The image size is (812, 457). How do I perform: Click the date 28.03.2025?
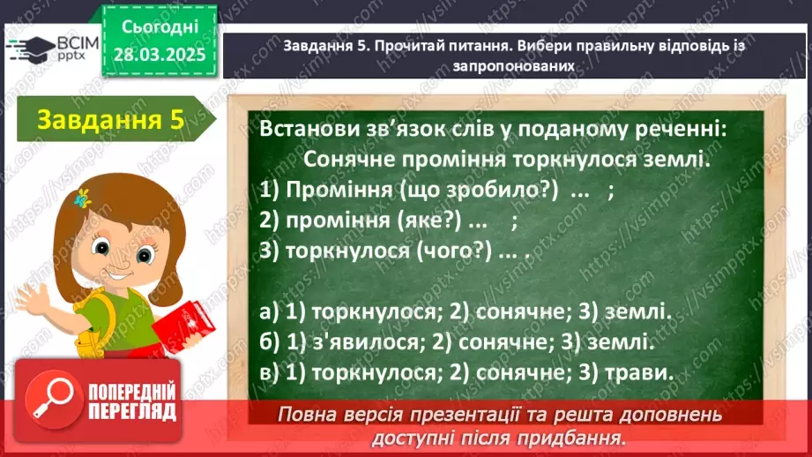160,54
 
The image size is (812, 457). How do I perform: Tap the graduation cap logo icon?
30,47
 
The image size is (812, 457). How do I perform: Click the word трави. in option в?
638,372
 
